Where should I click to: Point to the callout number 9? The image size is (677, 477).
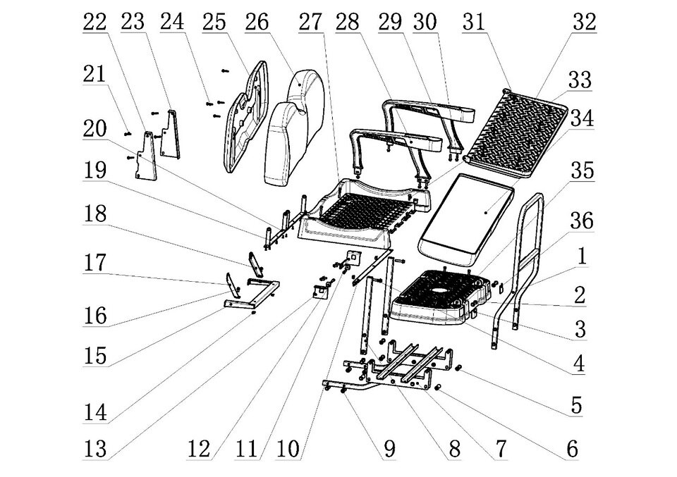(x=390, y=448)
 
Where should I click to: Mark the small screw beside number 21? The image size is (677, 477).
(x=128, y=132)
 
